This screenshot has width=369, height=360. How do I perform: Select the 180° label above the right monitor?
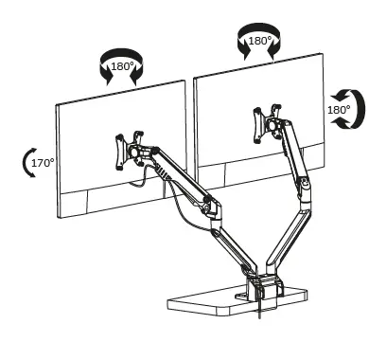pyautogui.click(x=259, y=43)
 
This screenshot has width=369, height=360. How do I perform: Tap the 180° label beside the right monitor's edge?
pyautogui.click(x=338, y=109)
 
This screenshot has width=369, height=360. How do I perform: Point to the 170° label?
pyautogui.click(x=43, y=163)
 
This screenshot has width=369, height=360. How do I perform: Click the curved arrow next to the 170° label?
pyautogui.click(x=26, y=163)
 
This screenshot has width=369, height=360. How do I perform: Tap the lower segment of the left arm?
pyautogui.click(x=233, y=243)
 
